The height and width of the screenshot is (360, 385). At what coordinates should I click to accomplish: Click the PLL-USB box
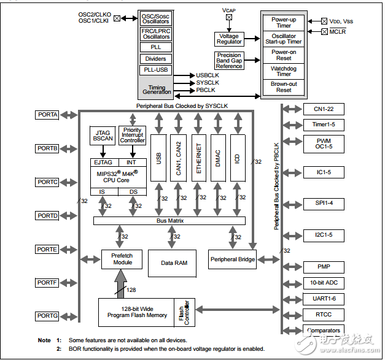pos(156,70)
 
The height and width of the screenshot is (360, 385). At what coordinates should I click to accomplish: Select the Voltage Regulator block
pos(229,39)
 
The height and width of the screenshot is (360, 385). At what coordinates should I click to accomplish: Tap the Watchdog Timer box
pos(284,71)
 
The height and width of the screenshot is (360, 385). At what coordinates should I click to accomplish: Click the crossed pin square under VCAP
pos(229,17)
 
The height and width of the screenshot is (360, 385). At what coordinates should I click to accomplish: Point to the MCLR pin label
pos(338,32)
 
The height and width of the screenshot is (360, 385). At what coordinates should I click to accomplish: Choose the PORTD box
pos(47,216)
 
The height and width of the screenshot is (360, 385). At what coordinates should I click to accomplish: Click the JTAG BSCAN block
pos(103,136)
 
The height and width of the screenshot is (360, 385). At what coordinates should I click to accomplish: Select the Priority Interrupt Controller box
pos(133,136)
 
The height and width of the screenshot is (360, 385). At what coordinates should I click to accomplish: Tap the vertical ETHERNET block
pos(198,158)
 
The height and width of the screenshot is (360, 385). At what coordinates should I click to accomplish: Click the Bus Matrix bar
pos(169,221)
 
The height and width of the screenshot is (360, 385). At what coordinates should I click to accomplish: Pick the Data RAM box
pos(172,263)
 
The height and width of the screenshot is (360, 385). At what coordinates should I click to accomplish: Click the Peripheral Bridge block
pos(232,259)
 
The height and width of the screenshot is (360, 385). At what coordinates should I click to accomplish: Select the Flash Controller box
pos(185,312)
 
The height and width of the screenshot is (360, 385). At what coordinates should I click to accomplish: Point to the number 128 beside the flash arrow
pos(131,290)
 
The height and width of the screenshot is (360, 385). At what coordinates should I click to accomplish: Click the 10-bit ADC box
pos(324,283)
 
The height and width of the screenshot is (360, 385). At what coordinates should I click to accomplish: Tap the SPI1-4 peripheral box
pos(324,204)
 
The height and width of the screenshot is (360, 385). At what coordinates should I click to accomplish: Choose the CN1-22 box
pos(324,109)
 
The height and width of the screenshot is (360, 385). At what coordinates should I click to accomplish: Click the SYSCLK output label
pos(208,83)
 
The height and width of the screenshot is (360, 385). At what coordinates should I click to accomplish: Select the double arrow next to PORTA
pos(69,115)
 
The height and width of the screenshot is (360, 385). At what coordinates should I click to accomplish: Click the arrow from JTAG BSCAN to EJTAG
pos(103,151)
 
